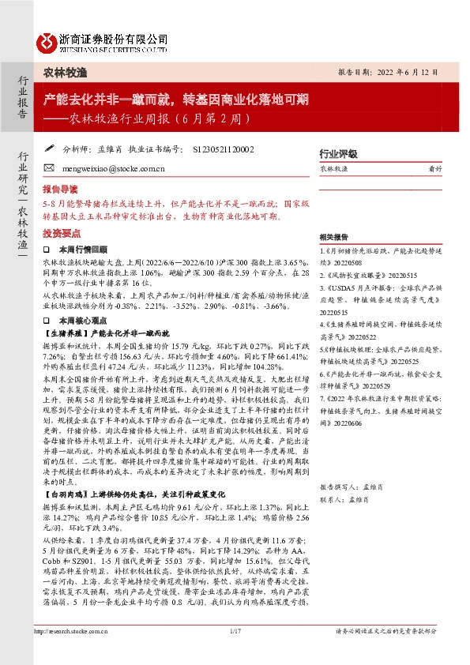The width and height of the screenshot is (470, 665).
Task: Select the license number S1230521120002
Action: (x=224, y=148)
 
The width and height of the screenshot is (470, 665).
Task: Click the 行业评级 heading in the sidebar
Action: (x=338, y=154)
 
